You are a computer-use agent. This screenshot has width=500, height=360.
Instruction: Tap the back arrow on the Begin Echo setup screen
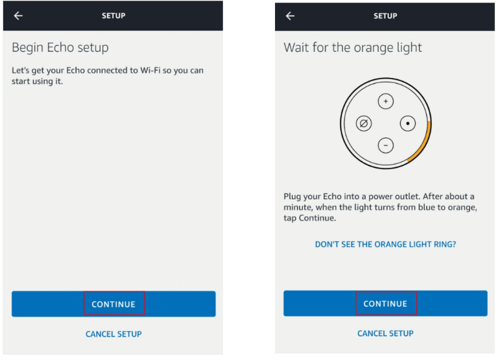tap(18, 16)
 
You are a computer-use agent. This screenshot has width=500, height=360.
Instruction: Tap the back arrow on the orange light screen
tap(290, 16)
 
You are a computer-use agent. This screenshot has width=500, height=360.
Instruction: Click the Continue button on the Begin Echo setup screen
tap(113, 304)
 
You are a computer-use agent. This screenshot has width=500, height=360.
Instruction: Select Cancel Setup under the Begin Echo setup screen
tap(113, 334)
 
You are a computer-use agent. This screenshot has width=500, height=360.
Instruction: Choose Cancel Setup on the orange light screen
tap(385, 333)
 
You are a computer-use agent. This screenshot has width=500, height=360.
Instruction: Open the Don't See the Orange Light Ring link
tap(385, 245)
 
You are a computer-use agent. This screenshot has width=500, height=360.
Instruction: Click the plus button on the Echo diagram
tap(386, 102)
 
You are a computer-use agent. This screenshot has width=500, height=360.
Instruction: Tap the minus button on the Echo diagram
tap(386, 145)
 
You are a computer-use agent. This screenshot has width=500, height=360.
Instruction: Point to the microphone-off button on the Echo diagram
tap(364, 123)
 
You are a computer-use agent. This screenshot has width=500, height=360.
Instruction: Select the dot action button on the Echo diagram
tap(408, 123)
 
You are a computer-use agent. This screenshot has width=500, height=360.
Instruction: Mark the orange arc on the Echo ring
tap(426, 139)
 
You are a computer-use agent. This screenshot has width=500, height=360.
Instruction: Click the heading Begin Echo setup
tap(60, 48)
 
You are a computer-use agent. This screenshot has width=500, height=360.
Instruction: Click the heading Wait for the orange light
tap(353, 48)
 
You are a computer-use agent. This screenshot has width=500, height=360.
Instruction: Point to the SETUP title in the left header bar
tap(113, 16)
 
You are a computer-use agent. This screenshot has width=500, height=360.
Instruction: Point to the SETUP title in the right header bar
tap(385, 16)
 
